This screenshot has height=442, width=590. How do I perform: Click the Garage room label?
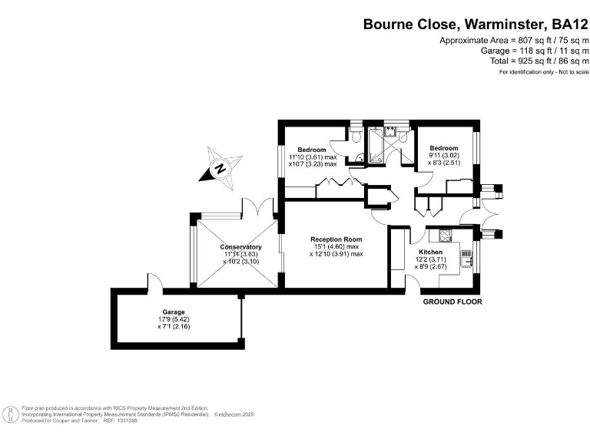(174, 312)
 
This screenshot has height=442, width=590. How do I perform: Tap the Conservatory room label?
(240, 247)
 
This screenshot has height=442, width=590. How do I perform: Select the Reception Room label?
(336, 239)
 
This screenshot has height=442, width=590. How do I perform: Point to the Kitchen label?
(430, 252)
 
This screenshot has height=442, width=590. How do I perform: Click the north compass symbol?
(220, 168)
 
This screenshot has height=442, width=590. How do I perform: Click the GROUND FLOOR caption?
(452, 302)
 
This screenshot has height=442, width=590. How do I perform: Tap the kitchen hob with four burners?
(446, 236)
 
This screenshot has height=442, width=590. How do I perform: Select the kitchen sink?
(466, 258)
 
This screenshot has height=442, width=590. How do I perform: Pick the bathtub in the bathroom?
(376, 146)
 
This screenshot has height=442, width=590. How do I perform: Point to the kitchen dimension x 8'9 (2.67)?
(430, 267)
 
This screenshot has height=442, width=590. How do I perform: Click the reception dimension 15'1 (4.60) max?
(336, 247)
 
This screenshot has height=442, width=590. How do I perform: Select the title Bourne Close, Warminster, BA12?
(476, 25)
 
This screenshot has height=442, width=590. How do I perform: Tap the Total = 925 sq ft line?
(539, 61)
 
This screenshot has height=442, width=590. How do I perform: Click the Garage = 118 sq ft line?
(535, 51)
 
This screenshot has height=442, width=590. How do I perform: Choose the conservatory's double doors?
(258, 207)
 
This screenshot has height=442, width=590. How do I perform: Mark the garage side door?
(155, 282)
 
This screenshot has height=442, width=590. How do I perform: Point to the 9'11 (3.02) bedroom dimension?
(444, 155)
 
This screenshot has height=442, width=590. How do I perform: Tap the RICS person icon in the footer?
(12, 415)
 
